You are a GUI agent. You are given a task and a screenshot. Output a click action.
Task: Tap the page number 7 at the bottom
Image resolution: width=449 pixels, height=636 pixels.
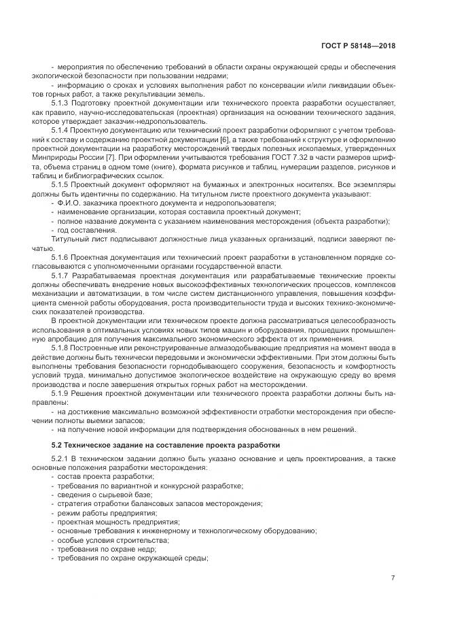pyautogui.click(x=393, y=578)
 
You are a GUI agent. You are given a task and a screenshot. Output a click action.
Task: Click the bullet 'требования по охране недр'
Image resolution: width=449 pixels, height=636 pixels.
pyautogui.click(x=102, y=549)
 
